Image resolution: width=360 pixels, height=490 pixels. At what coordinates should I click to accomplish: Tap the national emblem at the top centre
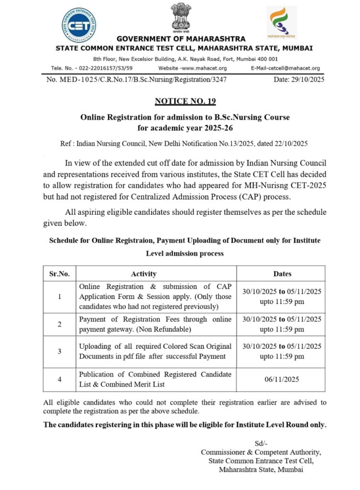click(181, 18)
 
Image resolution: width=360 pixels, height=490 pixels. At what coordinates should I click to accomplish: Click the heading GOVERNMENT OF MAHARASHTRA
click(181, 39)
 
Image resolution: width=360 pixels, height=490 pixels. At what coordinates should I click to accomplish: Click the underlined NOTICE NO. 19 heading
click(185, 101)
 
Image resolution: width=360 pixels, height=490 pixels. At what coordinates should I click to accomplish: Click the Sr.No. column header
click(59, 274)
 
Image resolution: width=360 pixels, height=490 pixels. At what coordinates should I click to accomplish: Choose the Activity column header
click(143, 274)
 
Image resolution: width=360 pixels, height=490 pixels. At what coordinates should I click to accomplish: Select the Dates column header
click(282, 274)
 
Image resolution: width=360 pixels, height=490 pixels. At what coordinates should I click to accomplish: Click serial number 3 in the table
click(59, 351)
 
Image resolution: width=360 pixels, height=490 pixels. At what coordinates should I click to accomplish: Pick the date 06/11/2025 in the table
click(282, 379)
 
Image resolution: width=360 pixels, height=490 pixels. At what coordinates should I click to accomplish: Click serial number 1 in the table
click(59, 297)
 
